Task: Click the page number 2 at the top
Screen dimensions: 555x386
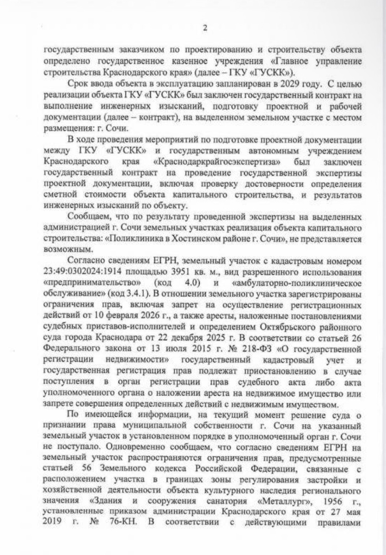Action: click(x=205, y=28)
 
